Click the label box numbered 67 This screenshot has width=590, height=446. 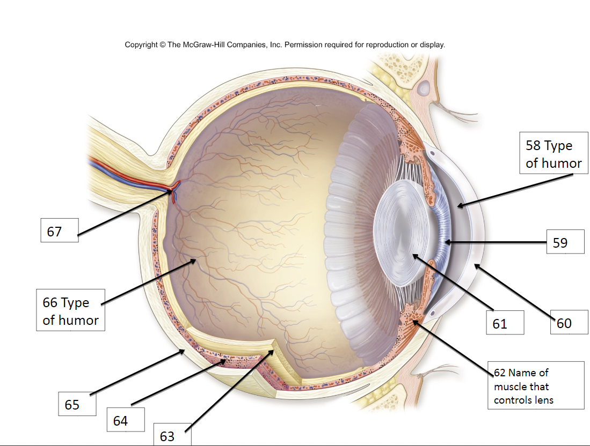pyautogui.click(x=60, y=231)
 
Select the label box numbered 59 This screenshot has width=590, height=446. pyautogui.click(x=565, y=242)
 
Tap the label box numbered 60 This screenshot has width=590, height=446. pyautogui.click(x=569, y=323)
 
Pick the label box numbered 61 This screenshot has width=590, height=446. pyautogui.click(x=505, y=323)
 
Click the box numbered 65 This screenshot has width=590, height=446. pyautogui.click(x=77, y=404)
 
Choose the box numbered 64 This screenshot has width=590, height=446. pyautogui.click(x=125, y=420)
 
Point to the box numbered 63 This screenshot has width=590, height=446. pyautogui.click(x=172, y=434)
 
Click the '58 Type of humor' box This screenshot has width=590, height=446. pyautogui.click(x=553, y=154)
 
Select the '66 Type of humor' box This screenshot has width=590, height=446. pyautogui.click(x=70, y=311)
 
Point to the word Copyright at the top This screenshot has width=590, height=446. pyautogui.click(x=141, y=45)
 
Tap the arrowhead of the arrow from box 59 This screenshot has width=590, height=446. pyautogui.click(x=446, y=243)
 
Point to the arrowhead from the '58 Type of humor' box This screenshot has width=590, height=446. pyautogui.click(x=458, y=205)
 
